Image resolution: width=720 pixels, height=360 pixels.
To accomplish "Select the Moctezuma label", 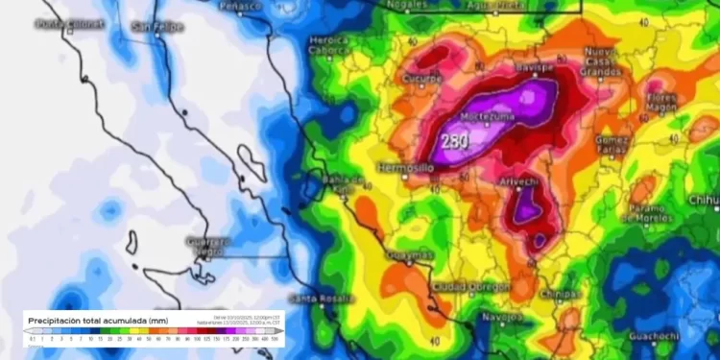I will pos(489,116).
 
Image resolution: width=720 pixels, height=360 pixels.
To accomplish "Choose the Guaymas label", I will pos(410,255).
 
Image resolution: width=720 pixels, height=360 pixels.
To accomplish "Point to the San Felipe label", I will pos(156,26).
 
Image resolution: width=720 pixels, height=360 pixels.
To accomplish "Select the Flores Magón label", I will pos(662,103).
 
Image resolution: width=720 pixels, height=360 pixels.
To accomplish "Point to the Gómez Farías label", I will pos(612,144).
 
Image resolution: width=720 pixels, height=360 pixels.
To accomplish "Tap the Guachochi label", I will pos(655,336).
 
